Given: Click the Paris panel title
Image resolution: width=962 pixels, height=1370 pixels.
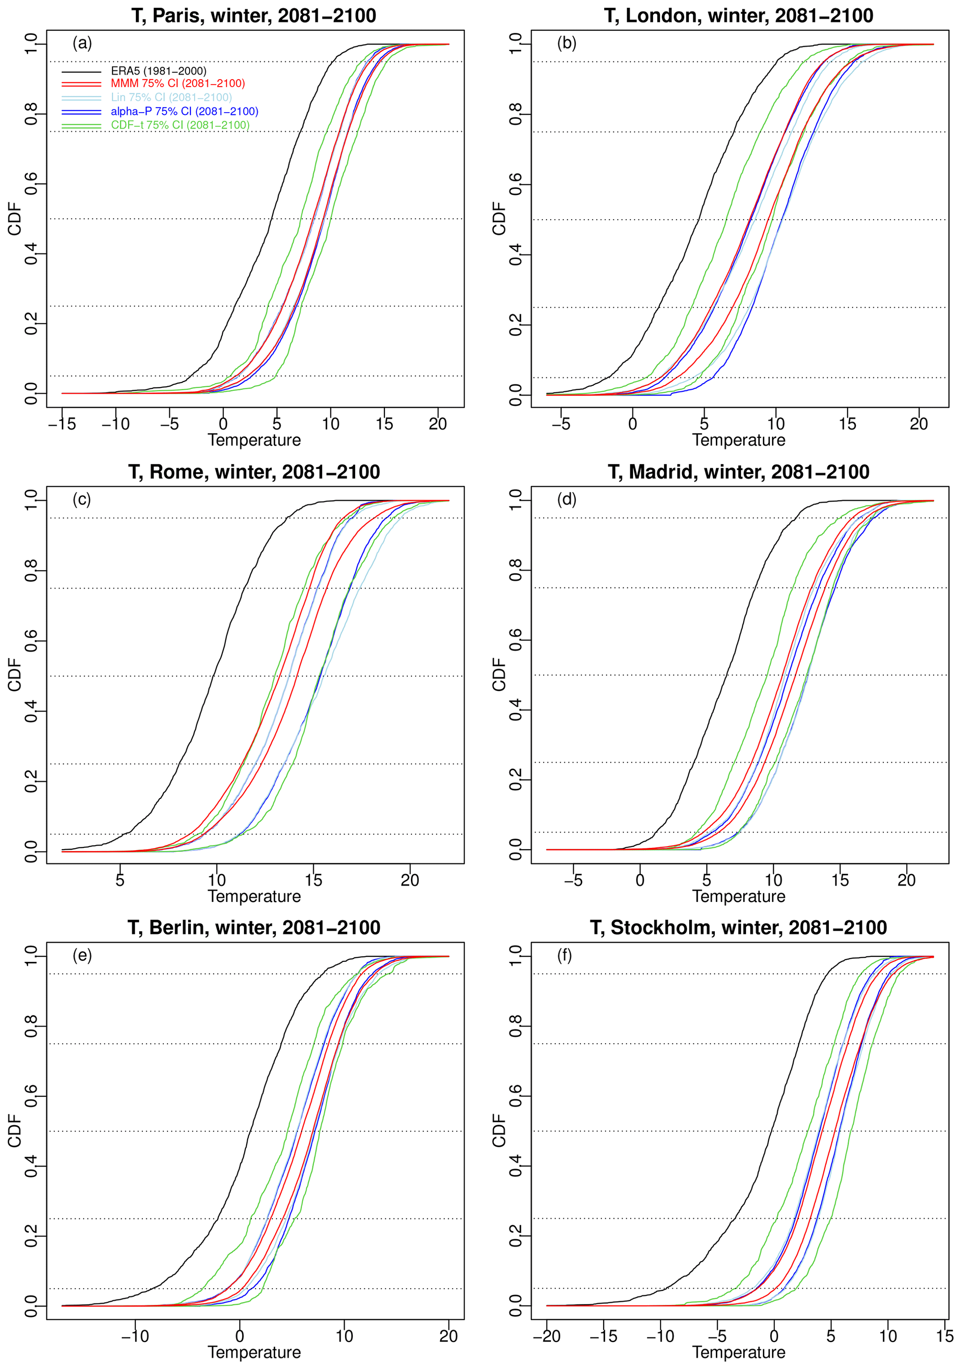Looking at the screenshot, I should (x=254, y=15).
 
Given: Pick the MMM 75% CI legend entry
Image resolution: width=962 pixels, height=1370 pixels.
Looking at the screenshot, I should (x=177, y=84).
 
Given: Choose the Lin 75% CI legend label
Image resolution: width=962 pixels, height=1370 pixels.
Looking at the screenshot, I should (x=171, y=97).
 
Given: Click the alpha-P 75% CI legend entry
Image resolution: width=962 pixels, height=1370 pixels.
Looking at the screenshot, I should (x=184, y=112).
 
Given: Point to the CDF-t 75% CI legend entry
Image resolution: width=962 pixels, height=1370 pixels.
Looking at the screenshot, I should (x=180, y=125).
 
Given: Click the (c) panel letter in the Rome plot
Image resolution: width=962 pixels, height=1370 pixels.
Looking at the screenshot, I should (x=82, y=499).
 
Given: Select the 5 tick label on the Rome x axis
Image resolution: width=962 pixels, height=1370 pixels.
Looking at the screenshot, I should (x=120, y=880).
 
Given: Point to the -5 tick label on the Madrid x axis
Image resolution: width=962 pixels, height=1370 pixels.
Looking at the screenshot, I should (x=573, y=880).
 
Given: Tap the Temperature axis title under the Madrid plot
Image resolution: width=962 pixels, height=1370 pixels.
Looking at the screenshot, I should (x=738, y=896).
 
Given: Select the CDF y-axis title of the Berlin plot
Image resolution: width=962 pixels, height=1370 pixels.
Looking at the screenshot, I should (x=14, y=1129).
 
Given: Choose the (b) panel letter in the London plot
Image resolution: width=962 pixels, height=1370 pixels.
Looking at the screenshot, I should (x=566, y=43).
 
